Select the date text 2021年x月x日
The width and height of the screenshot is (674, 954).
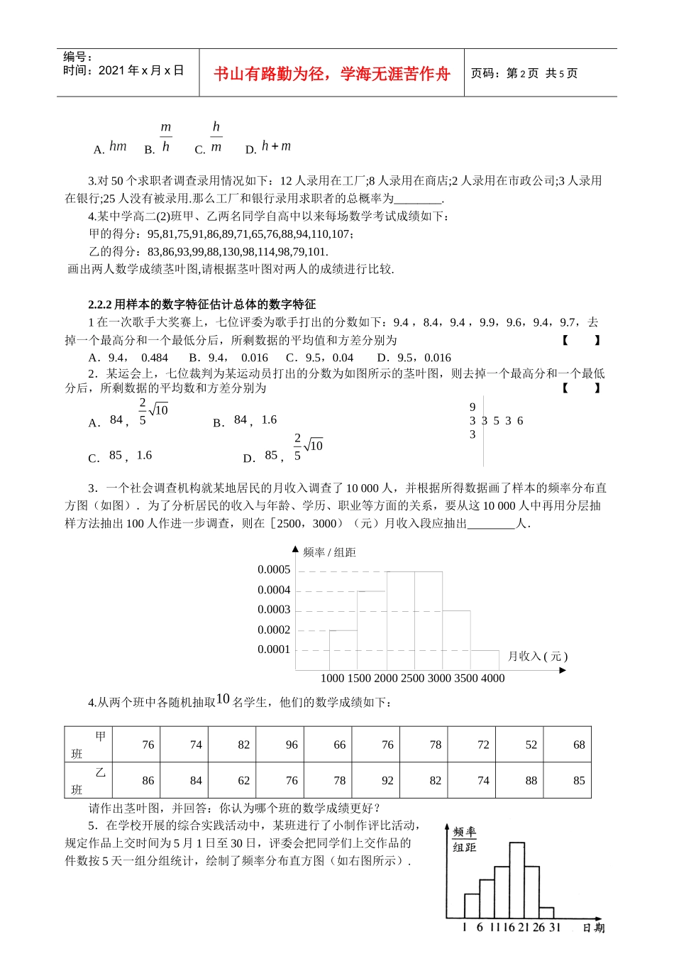pyautogui.click(x=141, y=70)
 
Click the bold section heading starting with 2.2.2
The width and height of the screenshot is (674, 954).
pyautogui.click(x=201, y=305)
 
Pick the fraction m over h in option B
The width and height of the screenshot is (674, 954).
pyautogui.click(x=165, y=137)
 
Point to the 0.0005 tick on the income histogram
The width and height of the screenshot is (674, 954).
pyautogui.click(x=274, y=569)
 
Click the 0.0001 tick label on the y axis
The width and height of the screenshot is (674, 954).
pyautogui.click(x=274, y=649)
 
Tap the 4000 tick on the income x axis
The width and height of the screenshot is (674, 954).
pyautogui.click(x=492, y=678)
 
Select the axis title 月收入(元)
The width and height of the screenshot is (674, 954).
pyautogui.click(x=538, y=657)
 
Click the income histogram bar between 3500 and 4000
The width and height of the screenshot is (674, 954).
pyautogui.click(x=484, y=659)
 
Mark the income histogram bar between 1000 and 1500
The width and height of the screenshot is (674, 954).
pyautogui.click(x=343, y=649)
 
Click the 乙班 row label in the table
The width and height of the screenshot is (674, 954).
pyautogui.click(x=88, y=781)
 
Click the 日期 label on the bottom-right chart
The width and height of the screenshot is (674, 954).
pyautogui.click(x=594, y=928)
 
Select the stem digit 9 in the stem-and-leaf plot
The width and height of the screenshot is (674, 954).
pyautogui.click(x=473, y=407)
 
